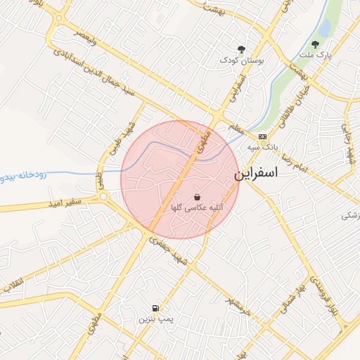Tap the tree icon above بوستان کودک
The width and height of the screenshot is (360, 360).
point(242,49)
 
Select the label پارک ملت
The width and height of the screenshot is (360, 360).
point(314,55)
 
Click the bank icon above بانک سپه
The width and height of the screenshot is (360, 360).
point(262,136)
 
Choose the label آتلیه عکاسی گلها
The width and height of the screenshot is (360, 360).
point(193,208)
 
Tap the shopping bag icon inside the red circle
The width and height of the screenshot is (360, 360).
point(196,198)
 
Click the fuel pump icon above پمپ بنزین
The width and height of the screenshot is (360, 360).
point(155,308)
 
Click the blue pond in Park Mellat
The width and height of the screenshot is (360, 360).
point(325,27)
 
